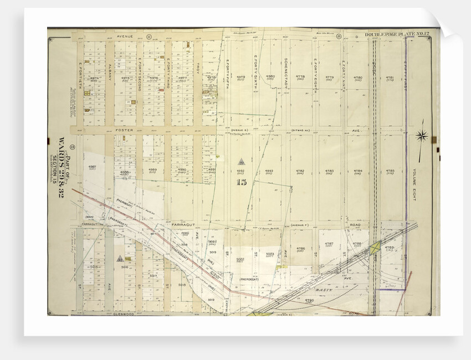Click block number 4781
(390, 78)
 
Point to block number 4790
(309, 300)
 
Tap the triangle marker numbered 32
(119, 259)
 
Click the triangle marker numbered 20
(241, 162)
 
